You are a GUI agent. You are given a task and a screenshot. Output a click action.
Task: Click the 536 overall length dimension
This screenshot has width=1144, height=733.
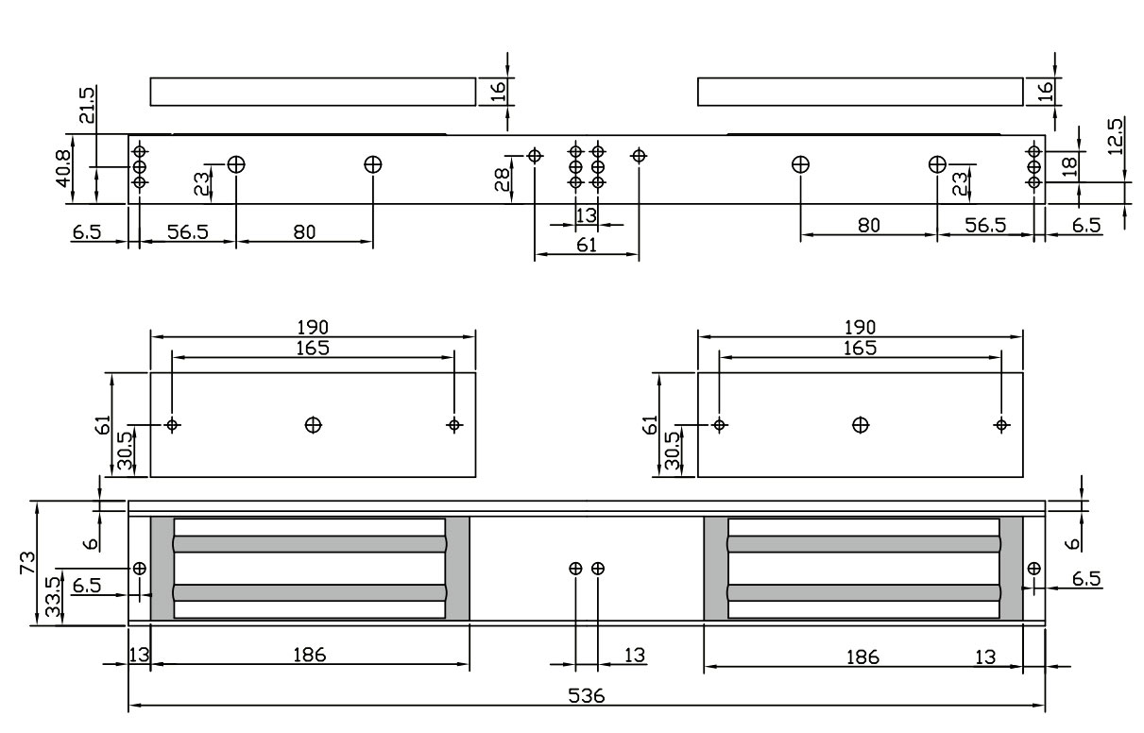tap(587, 695)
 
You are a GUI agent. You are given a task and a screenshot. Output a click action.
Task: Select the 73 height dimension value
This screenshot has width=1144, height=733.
tap(28, 563)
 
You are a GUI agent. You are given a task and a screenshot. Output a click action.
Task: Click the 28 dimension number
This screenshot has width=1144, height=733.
tap(504, 178)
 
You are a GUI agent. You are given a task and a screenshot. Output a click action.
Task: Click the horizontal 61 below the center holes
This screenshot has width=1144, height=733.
tap(587, 246)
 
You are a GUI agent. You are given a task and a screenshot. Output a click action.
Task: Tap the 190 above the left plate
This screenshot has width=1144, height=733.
tap(313, 327)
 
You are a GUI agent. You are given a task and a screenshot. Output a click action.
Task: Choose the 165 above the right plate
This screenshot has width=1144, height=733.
tap(860, 348)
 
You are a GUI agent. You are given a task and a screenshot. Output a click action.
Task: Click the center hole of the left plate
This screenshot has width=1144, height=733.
tap(313, 425)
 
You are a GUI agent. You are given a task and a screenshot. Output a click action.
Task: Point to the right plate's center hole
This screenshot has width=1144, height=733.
tap(860, 425)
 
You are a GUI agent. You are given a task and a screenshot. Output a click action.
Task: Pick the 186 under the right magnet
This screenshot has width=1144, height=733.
tap(862, 656)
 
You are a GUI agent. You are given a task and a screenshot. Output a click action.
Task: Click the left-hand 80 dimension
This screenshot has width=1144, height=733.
tap(304, 231)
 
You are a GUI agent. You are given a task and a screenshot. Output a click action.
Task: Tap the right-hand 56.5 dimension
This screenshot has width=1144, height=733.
tap(984, 227)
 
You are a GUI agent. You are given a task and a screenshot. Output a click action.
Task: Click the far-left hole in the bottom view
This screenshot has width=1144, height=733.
tap(140, 569)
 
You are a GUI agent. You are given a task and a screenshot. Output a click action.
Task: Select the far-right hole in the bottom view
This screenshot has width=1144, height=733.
tap(1033, 569)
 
